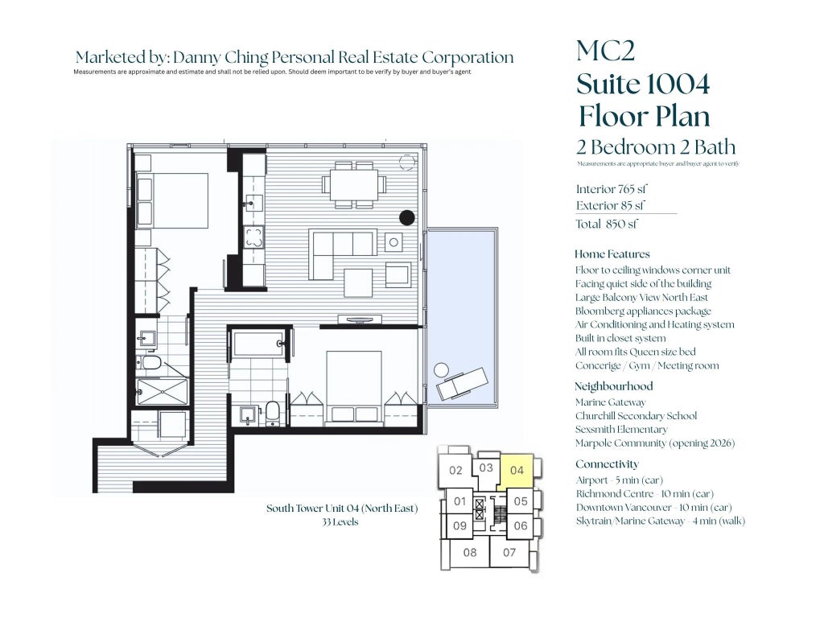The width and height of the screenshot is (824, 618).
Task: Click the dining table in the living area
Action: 354,184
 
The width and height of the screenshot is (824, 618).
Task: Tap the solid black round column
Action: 406,217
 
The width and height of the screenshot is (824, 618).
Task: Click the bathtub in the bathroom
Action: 258,343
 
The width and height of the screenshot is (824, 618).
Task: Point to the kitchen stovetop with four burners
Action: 253,237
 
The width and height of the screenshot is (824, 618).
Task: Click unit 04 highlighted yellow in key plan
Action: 517,471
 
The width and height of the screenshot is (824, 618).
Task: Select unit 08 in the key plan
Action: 470,552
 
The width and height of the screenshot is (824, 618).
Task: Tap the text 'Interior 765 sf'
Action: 612,189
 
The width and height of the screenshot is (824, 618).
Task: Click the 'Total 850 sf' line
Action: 607,224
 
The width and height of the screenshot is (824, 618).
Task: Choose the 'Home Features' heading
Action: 612,254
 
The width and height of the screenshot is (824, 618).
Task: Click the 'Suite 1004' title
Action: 643,84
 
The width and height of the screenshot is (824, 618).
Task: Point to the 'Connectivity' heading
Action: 607,464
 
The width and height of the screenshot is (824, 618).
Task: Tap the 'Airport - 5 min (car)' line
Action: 620,480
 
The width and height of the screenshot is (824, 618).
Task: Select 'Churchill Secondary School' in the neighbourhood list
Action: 636,416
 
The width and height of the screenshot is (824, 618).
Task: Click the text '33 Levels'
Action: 340,521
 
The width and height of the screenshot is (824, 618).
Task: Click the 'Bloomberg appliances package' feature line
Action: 643,311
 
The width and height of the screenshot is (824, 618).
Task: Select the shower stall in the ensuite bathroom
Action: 163,392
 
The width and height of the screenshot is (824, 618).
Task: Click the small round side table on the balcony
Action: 441,369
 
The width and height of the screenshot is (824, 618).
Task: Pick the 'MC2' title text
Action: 605,51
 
